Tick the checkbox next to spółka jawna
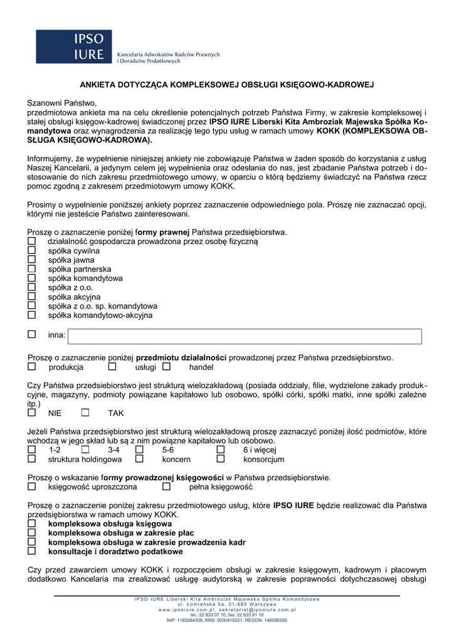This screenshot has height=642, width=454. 31,260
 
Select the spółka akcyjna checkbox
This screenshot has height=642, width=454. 31,297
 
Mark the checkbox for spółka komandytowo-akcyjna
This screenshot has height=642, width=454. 31,315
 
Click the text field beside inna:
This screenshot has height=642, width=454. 245,336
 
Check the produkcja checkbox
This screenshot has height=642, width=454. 31,367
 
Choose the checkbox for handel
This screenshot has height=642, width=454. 166,367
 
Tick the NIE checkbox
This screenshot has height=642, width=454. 31,413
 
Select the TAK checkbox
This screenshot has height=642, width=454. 85,413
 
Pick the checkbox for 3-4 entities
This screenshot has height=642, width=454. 85,450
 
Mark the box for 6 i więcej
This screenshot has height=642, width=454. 221,450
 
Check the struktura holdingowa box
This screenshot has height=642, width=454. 31,459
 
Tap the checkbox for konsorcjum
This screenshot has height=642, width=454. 221,459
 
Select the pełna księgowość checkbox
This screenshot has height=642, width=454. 166,487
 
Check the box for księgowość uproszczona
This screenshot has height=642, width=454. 31,487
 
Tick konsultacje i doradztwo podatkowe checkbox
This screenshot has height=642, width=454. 31,551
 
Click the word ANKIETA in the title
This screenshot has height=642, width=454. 97,83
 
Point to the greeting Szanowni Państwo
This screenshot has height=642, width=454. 61,102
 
